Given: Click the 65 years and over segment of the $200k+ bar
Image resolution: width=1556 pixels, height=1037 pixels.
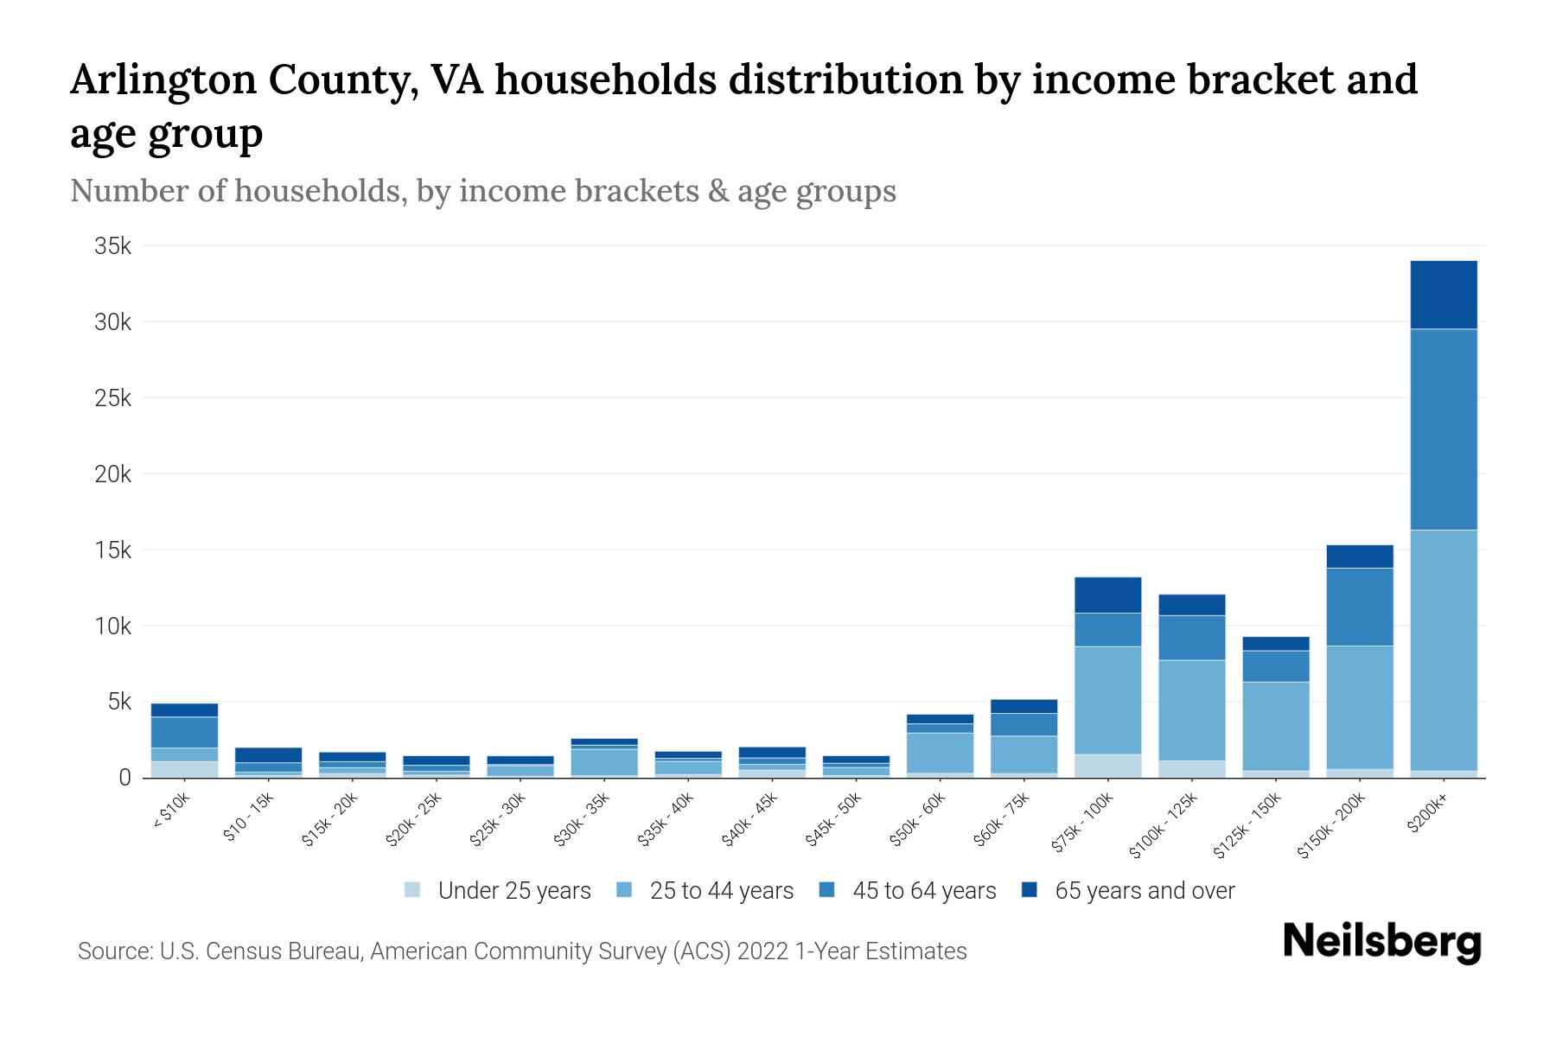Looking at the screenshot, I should coord(1443,295).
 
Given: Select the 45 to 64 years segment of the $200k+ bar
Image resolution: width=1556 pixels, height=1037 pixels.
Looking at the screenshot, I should coord(1443,429).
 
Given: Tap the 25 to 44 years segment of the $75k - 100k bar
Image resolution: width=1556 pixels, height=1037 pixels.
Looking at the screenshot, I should coord(1107,701).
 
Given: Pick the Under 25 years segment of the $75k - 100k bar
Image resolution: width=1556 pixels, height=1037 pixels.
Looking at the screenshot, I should coord(1107,767).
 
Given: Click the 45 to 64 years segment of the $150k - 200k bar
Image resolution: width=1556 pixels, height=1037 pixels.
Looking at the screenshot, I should coord(1359,607).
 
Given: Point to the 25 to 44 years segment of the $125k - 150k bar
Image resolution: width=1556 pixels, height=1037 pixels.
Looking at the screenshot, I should coord(1275,726).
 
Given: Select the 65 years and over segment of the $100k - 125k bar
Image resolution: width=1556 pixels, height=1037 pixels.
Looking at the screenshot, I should coord(1191,605).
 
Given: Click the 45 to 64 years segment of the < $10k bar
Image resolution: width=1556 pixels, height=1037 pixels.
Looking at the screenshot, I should coord(184,733).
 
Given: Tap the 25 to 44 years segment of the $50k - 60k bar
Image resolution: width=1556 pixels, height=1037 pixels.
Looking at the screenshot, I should coord(940,753).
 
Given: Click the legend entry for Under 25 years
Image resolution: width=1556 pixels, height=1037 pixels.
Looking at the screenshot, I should coord(513,891).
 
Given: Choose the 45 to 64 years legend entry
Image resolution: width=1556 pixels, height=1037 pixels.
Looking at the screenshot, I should coord(923,891).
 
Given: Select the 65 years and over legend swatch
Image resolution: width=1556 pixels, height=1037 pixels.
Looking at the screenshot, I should coord(1030,890).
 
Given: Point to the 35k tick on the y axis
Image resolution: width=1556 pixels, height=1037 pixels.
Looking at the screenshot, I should coord(113,246).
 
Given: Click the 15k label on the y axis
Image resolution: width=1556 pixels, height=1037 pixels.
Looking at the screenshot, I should coord(113,550).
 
